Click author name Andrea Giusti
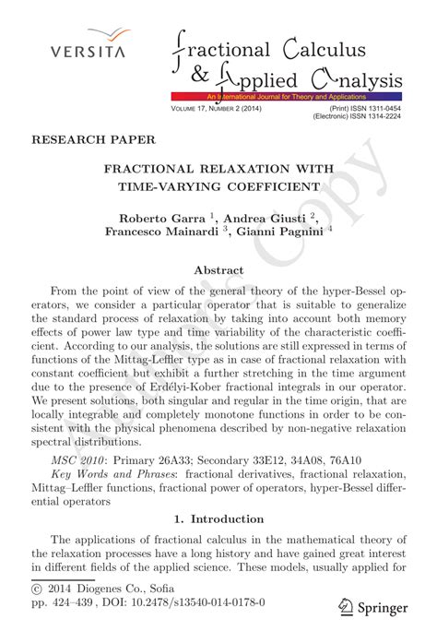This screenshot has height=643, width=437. click(270, 218)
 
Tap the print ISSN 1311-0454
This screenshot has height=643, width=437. click(380, 109)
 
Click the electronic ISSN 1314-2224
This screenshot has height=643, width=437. click(380, 117)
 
